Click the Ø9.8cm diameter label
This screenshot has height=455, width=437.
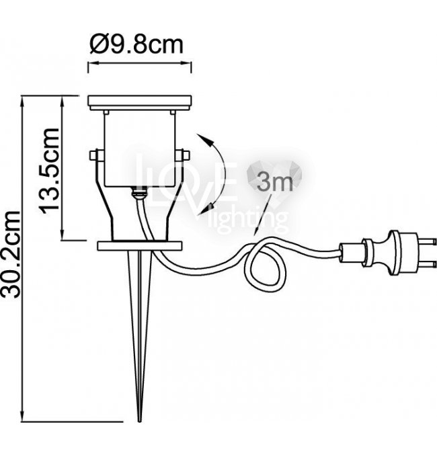136,44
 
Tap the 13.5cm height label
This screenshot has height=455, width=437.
49,171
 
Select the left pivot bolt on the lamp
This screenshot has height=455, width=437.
94,155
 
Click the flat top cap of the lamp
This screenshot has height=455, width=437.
140,103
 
